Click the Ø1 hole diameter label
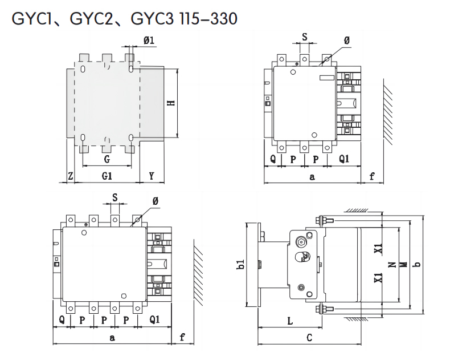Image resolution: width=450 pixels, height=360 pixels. click(x=149, y=40)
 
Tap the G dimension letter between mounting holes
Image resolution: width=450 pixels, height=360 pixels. click(x=107, y=159)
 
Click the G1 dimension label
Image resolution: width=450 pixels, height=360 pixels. click(x=107, y=176)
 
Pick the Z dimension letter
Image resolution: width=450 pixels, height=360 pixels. click(x=70, y=176)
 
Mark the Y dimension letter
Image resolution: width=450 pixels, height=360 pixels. click(x=152, y=176)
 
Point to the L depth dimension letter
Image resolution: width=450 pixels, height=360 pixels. click(x=289, y=321)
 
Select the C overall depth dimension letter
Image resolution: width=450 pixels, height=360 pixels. click(x=309, y=338)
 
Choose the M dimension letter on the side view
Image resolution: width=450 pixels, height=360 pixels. click(x=403, y=265)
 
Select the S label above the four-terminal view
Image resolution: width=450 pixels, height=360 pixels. click(x=114, y=197)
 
